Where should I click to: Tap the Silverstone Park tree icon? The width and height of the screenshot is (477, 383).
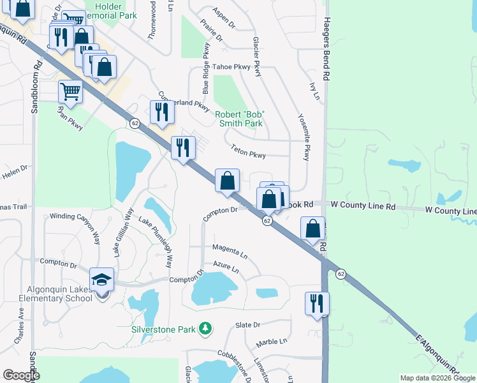(205, 329)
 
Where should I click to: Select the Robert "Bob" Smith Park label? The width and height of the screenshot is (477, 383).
(239, 119)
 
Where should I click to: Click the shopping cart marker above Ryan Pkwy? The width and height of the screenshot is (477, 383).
(70, 91)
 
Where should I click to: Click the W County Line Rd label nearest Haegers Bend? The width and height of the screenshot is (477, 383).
(363, 206)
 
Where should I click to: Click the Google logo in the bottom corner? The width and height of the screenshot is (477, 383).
(21, 375)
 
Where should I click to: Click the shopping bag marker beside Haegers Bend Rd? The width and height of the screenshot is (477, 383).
(312, 229)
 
